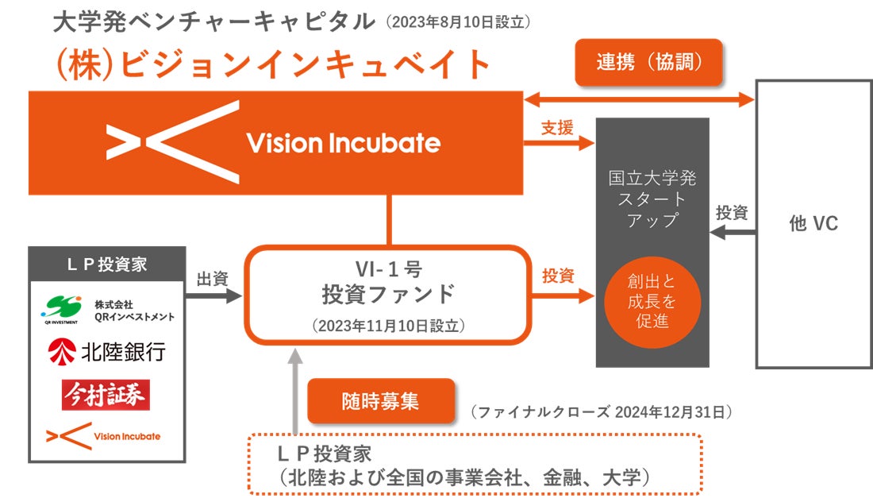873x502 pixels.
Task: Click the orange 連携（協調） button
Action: pos(648,62)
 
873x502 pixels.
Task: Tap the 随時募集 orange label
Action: pos(381,400)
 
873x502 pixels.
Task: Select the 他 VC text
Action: pos(813,224)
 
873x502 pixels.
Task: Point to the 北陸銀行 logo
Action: pos(107,351)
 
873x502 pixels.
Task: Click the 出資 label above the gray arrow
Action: pos(212,279)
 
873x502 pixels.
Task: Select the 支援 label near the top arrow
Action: pos(557,127)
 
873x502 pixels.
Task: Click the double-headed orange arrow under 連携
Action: pos(639,99)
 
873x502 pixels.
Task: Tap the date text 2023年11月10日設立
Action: pos(388,326)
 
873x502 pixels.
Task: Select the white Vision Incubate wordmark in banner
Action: pos(343,143)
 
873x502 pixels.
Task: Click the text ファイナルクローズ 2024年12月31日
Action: pos(601,412)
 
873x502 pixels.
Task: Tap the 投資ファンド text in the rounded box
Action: pos(388,294)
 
